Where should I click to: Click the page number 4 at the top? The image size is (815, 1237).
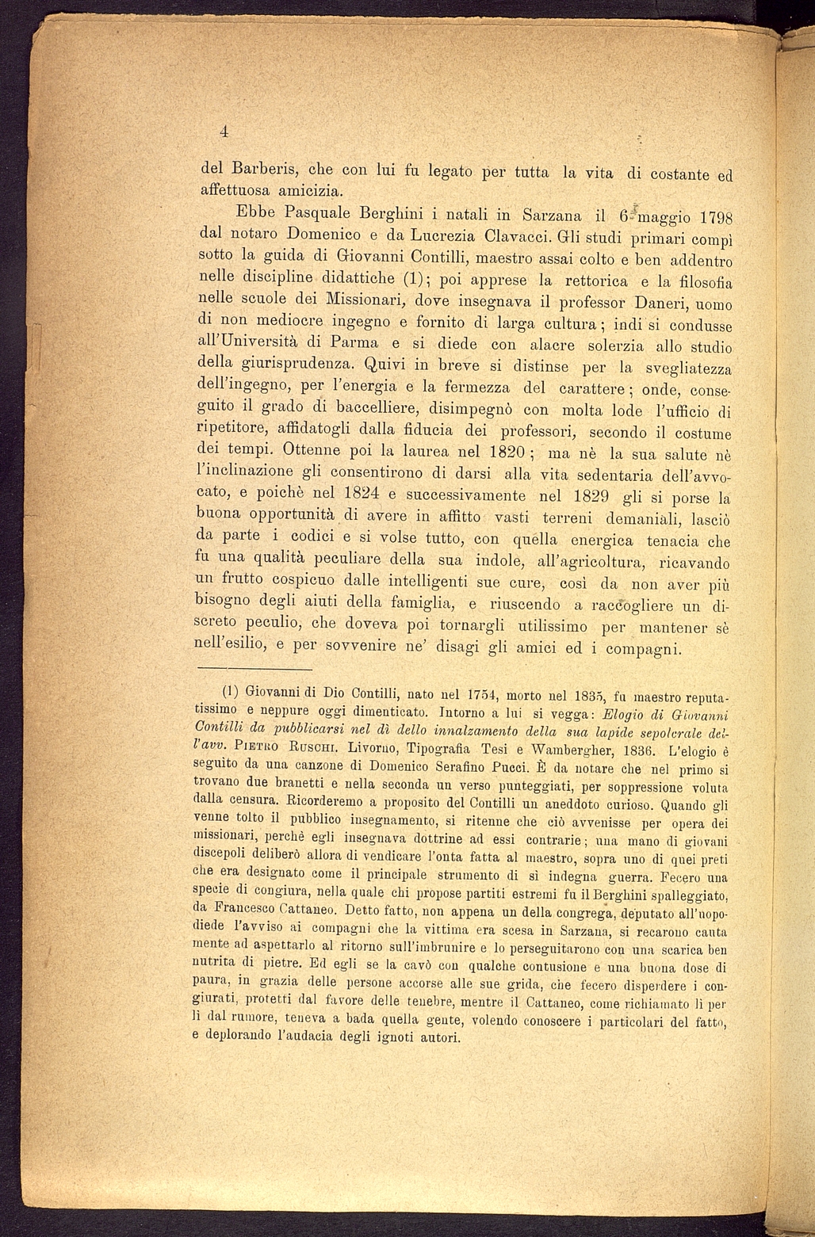[x=224, y=132]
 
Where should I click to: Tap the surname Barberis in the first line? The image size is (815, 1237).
[x=262, y=169]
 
